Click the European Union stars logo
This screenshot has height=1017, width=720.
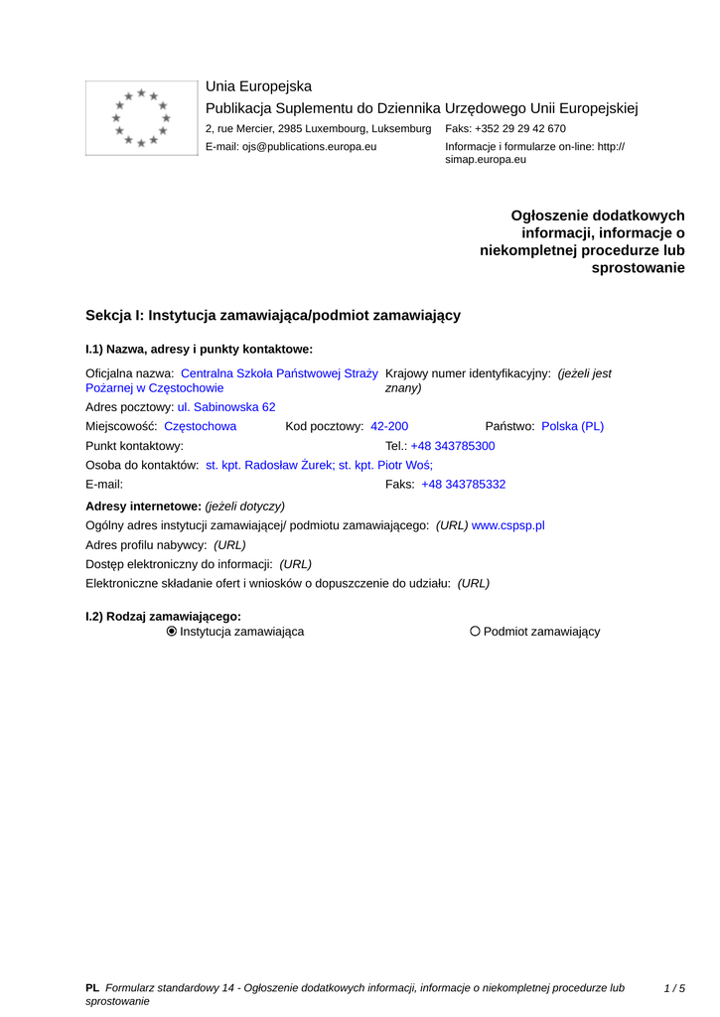(141, 117)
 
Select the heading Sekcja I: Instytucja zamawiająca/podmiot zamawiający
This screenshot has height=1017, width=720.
(273, 315)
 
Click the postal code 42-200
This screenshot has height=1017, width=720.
(389, 426)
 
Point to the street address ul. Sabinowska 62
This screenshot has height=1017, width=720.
(226, 407)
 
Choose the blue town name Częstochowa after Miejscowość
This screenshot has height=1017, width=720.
(200, 426)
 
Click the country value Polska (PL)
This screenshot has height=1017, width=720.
(572, 426)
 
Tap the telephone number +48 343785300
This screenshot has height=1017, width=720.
(453, 446)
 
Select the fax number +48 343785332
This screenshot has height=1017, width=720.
(464, 485)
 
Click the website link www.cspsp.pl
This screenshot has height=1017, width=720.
(508, 525)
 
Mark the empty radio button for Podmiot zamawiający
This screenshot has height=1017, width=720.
(476, 632)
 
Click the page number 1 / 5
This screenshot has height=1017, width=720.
(674, 988)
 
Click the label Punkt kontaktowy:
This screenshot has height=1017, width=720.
(135, 446)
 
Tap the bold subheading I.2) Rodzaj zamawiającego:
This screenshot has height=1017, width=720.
(164, 617)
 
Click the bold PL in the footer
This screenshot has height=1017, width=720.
(92, 988)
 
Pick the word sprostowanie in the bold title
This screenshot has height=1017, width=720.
(639, 268)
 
